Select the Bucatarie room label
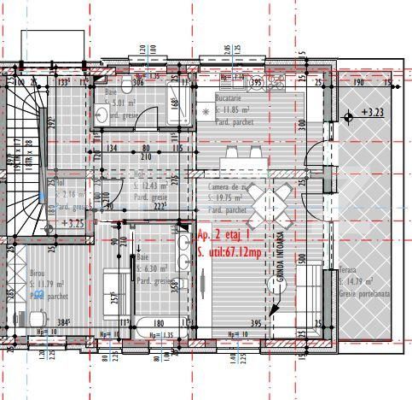(232, 100)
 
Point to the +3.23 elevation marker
(372, 112)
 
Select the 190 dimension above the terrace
(358, 82)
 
